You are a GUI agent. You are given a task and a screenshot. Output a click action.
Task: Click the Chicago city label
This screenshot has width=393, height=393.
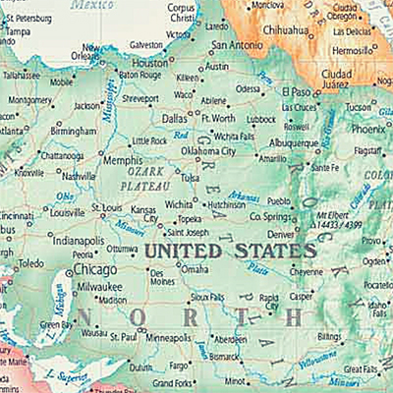[94, 268]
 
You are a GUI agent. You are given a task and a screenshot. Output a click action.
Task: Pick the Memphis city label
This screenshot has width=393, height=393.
[123, 159]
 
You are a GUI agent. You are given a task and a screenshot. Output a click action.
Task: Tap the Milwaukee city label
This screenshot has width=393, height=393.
[97, 286]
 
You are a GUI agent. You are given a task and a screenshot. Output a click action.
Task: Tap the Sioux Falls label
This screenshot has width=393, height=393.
[207, 296]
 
